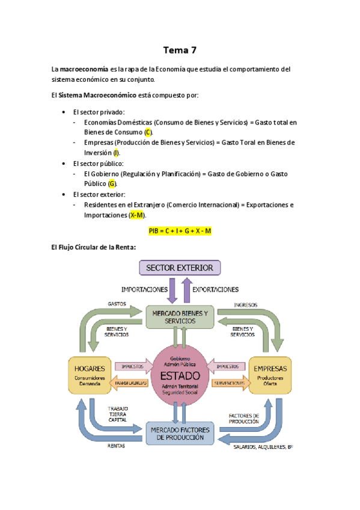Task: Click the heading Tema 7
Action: tap(180, 50)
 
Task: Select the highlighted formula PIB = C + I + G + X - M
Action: tap(180, 231)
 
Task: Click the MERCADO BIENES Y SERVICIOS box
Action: tap(180, 317)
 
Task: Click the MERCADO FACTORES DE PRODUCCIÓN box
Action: tap(180, 434)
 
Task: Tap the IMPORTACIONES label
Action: tap(144, 289)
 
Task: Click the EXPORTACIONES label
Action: tap(215, 289)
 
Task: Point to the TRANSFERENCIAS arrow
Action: tap(130, 383)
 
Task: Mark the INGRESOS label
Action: tap(245, 304)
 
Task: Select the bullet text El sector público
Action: tap(98, 164)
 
